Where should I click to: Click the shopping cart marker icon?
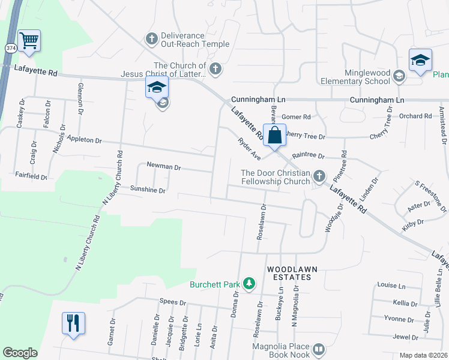click(29, 41)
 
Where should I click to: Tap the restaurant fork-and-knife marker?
click(73, 323)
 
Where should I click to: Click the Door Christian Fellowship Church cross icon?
click(319, 176)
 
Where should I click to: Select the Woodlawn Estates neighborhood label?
click(289, 273)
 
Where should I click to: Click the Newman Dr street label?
click(163, 166)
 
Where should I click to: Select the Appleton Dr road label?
click(85, 139)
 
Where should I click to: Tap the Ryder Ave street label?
click(248, 149)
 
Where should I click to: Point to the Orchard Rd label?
click(415, 116)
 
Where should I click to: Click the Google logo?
click(20, 353)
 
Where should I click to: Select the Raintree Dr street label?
click(309, 155)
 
